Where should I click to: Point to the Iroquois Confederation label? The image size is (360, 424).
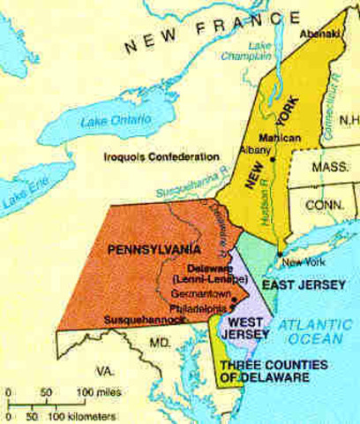click(x=160, y=157)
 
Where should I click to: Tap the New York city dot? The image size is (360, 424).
click(x=280, y=254)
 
